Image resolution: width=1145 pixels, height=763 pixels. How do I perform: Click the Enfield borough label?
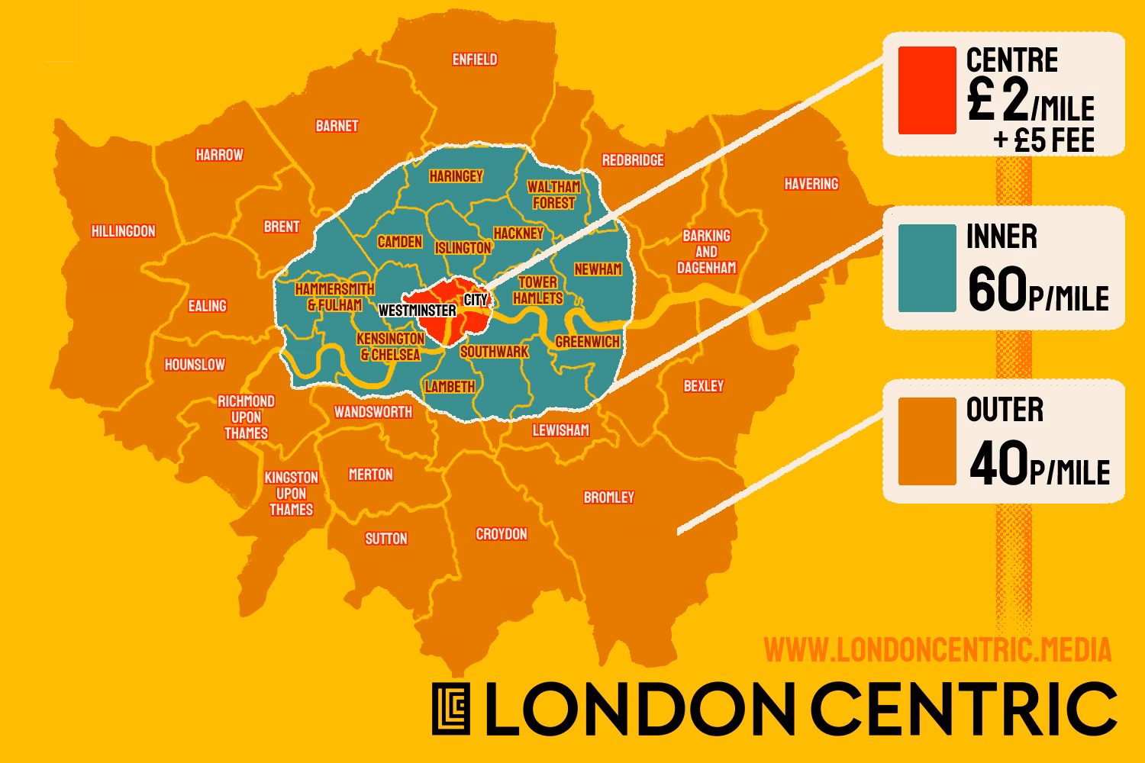click(474, 60)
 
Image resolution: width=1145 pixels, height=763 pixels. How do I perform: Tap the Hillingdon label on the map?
click(123, 231)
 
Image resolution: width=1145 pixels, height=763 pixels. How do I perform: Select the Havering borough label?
click(811, 184)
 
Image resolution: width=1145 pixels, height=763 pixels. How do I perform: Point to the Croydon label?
click(501, 534)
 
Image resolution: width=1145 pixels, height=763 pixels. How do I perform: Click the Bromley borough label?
click(608, 497)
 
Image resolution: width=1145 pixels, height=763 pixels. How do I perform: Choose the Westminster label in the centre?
click(417, 311)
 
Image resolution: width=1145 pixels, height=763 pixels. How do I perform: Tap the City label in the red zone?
click(476, 300)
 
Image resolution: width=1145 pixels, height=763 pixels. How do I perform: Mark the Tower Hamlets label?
click(537, 291)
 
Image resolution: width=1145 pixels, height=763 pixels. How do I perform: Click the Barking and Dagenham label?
click(706, 252)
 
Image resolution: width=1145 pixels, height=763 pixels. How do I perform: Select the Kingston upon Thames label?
click(291, 494)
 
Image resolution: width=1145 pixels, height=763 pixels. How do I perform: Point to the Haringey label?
click(456, 176)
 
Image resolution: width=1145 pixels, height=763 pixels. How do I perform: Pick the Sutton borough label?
click(385, 539)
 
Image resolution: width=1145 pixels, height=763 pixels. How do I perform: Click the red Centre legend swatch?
click(927, 91)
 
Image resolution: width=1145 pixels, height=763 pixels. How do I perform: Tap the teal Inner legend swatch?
click(927, 268)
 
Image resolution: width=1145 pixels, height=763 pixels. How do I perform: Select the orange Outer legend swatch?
click(927, 441)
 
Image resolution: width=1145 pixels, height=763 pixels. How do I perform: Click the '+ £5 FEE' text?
click(1043, 141)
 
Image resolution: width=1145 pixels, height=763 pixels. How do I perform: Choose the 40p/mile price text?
click(1039, 465)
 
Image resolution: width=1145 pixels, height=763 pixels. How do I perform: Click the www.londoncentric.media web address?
click(937, 650)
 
